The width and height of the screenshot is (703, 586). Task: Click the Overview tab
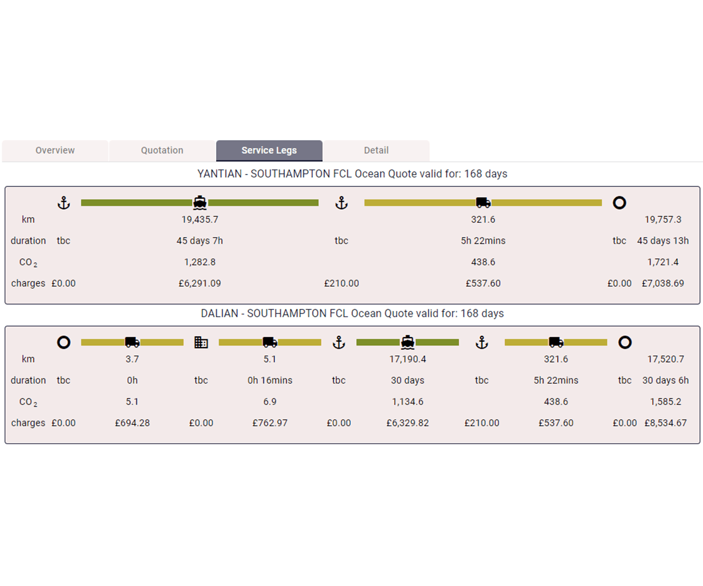pos(55,151)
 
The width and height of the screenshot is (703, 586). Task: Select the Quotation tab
pos(162,151)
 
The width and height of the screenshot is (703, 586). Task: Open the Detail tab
pos(376,151)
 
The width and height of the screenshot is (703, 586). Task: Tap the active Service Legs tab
pos(269,151)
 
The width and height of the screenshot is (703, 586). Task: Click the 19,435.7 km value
pos(200,220)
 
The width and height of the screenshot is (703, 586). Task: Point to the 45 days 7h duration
pos(200,241)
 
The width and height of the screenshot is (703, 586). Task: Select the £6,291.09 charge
pos(200,284)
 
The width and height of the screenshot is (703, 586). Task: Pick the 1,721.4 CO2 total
pos(663,262)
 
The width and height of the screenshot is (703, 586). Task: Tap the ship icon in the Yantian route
pos(200,203)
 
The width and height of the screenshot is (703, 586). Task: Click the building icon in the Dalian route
pos(201,343)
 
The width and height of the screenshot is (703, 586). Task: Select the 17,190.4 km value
pos(407,359)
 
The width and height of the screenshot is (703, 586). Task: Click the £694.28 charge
pos(132,423)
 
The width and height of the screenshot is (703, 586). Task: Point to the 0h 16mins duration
pos(269,380)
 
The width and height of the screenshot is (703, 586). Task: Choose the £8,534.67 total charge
pos(666,423)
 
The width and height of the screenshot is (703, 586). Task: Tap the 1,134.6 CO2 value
pos(407,402)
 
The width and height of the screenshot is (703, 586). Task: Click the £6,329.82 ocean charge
pos(407,423)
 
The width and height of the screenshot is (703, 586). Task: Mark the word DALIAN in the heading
pos(220,314)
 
